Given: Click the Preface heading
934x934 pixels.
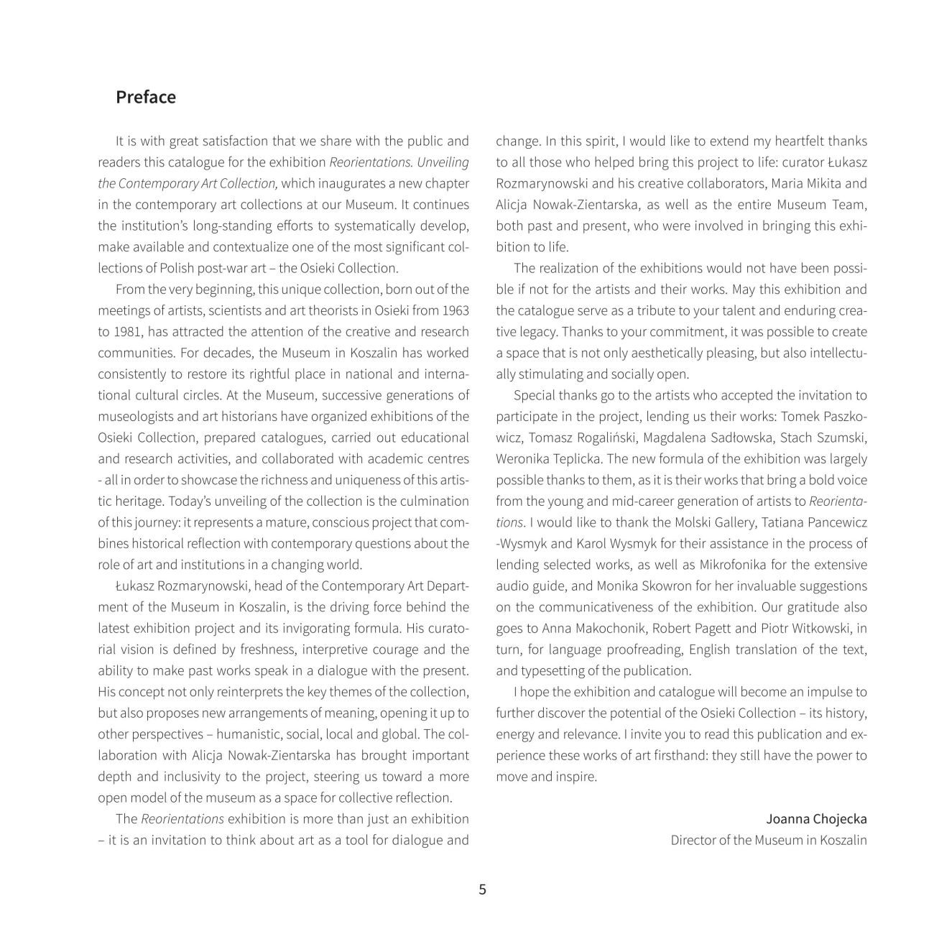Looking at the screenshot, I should [x=145, y=97].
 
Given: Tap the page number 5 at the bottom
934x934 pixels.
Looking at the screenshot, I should [x=482, y=889].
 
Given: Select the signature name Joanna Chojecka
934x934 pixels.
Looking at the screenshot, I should [x=816, y=819].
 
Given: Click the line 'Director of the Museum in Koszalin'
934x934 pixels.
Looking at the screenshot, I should [x=769, y=840].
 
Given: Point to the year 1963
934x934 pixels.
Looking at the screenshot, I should [x=456, y=310].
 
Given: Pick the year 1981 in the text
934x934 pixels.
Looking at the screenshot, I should [x=114, y=332].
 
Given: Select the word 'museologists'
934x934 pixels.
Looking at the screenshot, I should [x=133, y=417].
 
